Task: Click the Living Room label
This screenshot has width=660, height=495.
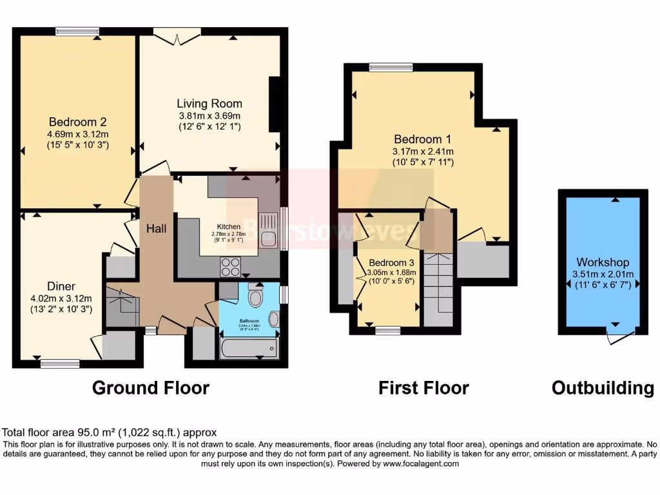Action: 209,103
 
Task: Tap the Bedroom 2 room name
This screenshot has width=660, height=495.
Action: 77,121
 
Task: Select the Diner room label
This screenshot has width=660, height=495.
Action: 61,286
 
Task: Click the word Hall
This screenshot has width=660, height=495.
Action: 157,228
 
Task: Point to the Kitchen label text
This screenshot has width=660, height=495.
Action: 229,227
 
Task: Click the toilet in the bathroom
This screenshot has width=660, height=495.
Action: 255,297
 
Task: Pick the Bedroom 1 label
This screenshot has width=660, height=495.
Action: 423,139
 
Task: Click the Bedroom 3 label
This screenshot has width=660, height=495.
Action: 391,262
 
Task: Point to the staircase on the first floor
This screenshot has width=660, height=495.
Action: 438,284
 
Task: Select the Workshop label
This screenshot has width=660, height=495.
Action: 603,262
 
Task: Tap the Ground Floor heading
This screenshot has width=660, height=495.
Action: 150,387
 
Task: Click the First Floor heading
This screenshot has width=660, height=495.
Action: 423,387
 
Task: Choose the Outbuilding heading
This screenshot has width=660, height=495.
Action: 603,387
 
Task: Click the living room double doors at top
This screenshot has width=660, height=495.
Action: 179,36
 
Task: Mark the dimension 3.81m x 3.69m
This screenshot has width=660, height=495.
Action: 209,115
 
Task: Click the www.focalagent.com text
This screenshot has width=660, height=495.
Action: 422,463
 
